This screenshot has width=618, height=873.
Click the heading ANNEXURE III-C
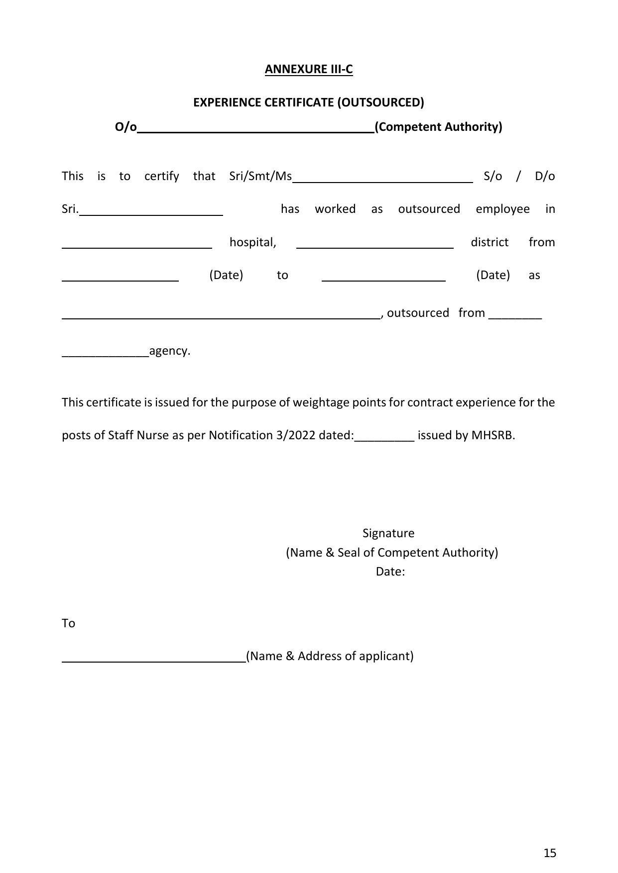click(308, 69)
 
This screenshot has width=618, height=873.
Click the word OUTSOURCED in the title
click(380, 102)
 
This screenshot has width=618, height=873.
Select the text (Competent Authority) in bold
click(438, 127)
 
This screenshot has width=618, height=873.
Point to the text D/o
click(544, 176)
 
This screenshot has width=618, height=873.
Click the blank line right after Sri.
click(151, 212)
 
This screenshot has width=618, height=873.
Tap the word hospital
click(252, 242)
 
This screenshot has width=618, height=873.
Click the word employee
click(502, 209)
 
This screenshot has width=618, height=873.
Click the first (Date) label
click(226, 275)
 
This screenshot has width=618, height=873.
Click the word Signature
click(388, 533)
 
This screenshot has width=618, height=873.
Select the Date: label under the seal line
click(390, 572)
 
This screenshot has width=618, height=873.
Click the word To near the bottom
click(68, 623)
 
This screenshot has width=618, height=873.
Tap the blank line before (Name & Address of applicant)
click(153, 660)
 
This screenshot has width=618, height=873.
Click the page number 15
click(550, 853)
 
